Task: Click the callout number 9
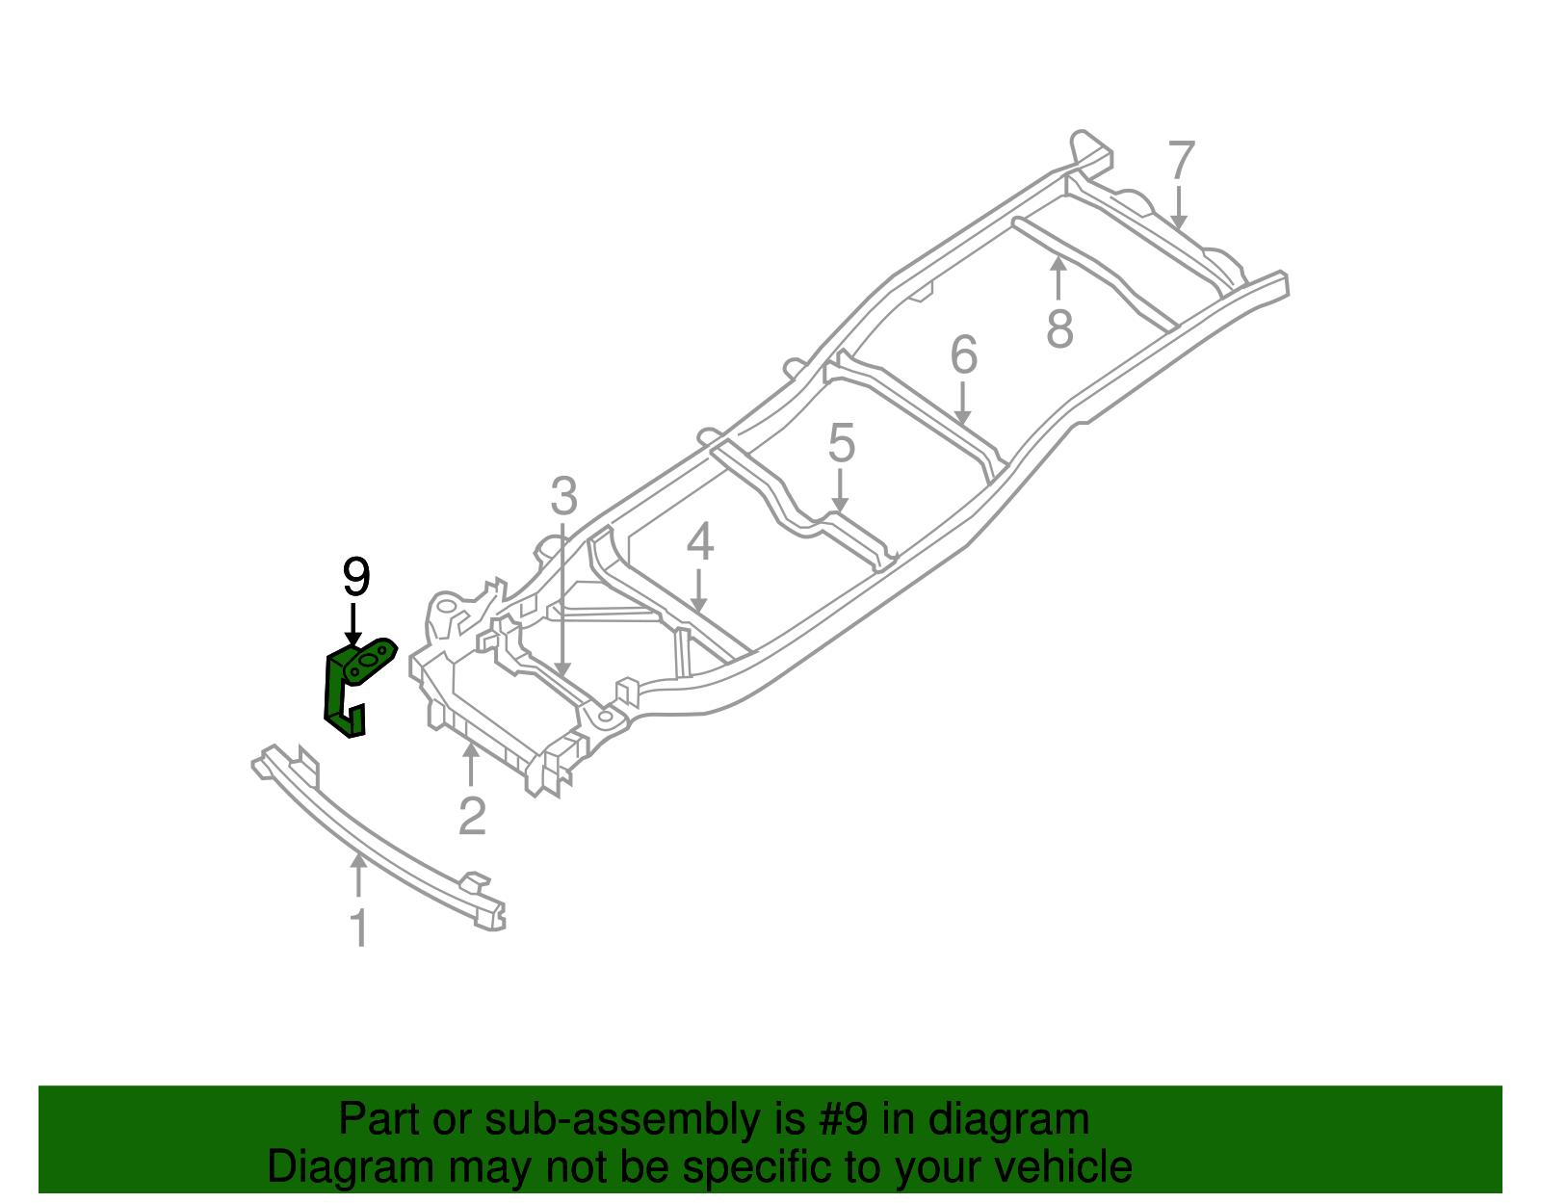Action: click(x=356, y=578)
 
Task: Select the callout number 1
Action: click(x=358, y=928)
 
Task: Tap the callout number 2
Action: click(x=472, y=816)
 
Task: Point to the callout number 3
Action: click(x=563, y=497)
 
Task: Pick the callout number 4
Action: click(x=700, y=542)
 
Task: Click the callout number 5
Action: click(x=842, y=444)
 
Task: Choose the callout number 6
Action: click(x=963, y=355)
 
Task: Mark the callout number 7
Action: click(x=1182, y=161)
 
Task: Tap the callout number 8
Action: click(x=1059, y=328)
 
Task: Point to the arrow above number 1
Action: click(x=358, y=876)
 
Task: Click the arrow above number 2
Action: click(x=471, y=765)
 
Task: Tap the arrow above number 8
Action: click(x=1058, y=278)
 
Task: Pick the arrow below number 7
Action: click(x=1178, y=208)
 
